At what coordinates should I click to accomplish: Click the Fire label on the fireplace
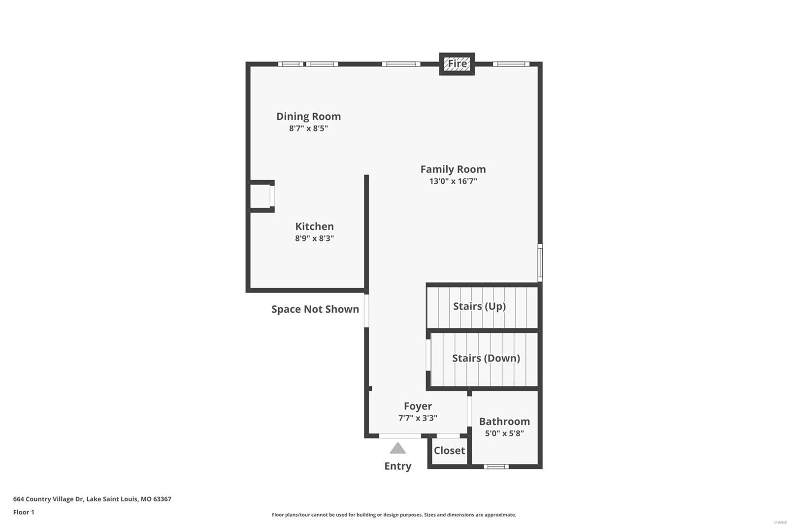[457, 64]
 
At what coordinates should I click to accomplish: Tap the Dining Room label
[308, 116]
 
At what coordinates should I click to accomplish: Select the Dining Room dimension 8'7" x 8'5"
[308, 129]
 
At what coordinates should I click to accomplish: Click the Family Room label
[453, 169]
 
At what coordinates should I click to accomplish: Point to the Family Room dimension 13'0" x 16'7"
[453, 181]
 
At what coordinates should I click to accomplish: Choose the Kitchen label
[314, 227]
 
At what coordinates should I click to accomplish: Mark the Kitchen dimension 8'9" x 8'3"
[314, 238]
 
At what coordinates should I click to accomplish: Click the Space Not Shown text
[315, 309]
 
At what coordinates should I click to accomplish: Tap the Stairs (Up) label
[479, 306]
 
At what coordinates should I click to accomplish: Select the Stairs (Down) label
[486, 358]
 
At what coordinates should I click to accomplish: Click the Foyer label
[418, 406]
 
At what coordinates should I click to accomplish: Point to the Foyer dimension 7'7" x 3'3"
[418, 418]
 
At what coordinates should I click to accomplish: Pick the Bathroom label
[504, 422]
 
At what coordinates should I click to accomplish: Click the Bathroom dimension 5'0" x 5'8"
[504, 433]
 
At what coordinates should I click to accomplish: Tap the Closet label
[449, 451]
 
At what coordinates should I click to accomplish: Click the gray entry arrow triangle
[397, 449]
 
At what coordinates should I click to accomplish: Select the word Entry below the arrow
[397, 466]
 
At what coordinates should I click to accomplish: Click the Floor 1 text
[24, 512]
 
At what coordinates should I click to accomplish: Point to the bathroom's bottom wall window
[496, 466]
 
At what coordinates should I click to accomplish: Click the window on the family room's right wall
[540, 262]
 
